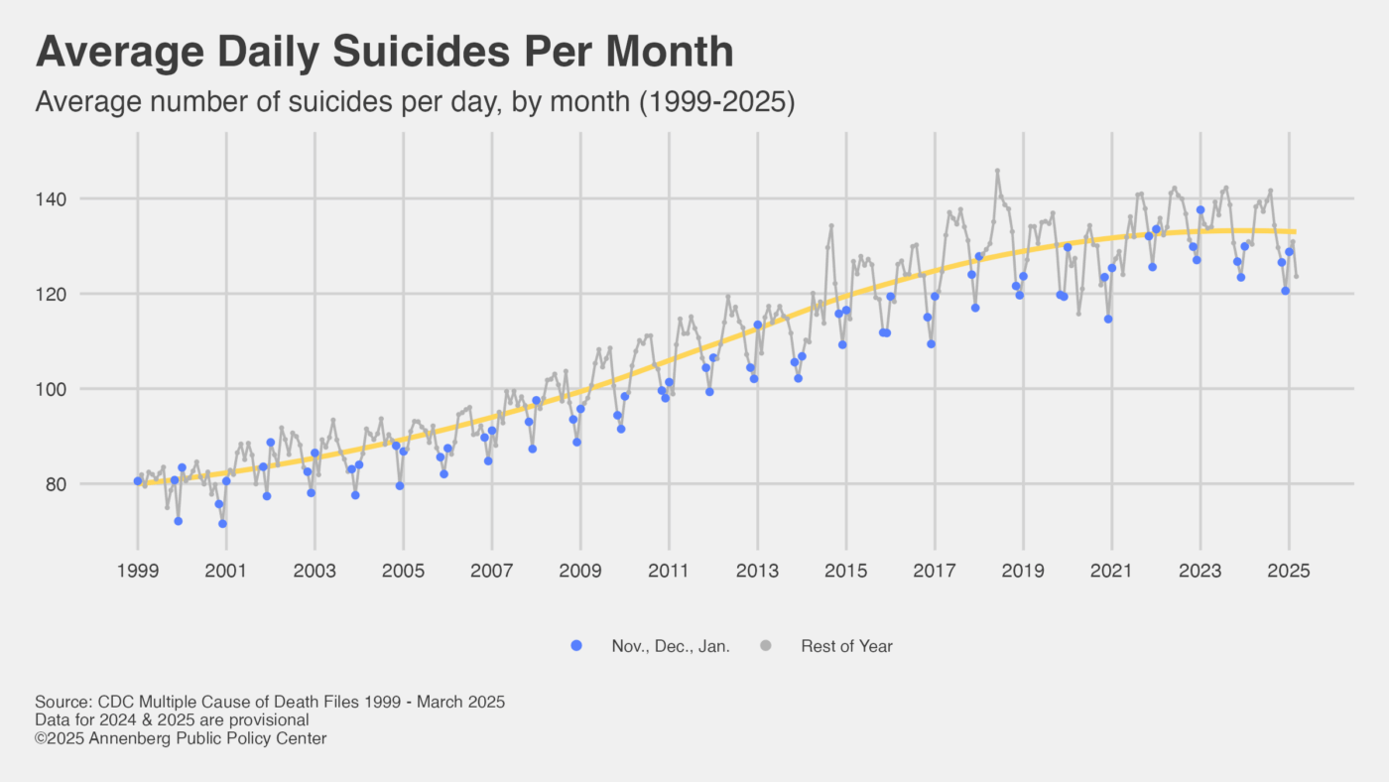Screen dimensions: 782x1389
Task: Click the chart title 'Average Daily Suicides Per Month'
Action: (x=384, y=53)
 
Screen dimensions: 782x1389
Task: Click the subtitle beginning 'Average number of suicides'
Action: (x=415, y=102)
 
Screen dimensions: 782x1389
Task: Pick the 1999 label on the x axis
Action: (x=138, y=571)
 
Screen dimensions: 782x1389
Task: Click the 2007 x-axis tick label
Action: (x=491, y=571)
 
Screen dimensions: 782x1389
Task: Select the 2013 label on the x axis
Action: (x=757, y=571)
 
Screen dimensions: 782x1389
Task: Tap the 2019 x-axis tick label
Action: (x=1023, y=571)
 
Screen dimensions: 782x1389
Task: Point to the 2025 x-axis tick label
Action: (x=1289, y=571)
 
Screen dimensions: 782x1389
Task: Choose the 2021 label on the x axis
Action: (x=1111, y=571)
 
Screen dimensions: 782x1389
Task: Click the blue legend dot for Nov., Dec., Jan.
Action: (x=577, y=646)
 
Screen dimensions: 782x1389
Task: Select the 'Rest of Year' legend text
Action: (x=846, y=646)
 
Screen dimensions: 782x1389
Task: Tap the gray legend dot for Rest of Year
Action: (x=766, y=646)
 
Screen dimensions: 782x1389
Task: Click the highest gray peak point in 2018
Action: (x=997, y=171)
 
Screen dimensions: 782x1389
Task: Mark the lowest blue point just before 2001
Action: (x=222, y=523)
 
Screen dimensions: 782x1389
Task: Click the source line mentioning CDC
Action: (x=270, y=702)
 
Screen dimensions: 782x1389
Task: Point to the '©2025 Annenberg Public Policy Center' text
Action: (x=181, y=738)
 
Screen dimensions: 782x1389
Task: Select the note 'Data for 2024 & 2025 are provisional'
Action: (x=172, y=719)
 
